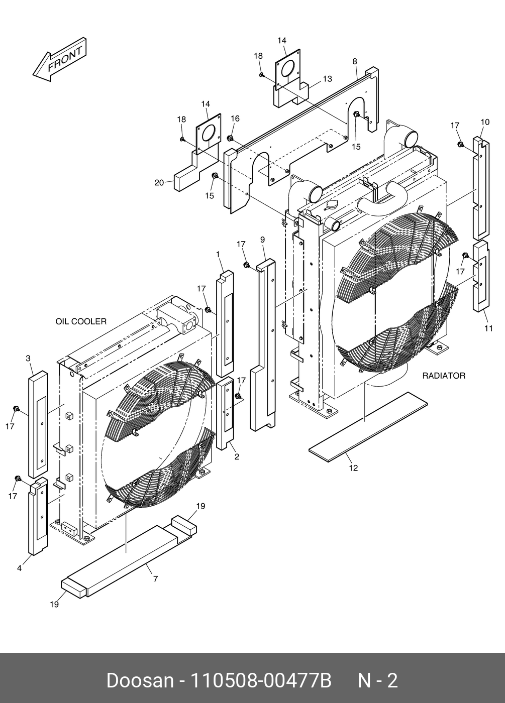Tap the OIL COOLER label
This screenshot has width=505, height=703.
81,321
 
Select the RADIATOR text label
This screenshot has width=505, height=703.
443,376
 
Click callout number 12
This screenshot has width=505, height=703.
353,468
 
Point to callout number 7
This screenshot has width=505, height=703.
155,579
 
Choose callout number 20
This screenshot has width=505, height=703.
159,183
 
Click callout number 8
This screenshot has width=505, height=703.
355,62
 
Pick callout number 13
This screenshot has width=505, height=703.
327,79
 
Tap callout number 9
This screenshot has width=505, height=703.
262,240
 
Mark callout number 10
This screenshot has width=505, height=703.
485,122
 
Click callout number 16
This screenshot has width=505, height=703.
235,119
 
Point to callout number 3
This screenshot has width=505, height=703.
28,358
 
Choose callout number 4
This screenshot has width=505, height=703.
19,568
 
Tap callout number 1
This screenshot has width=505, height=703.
219,255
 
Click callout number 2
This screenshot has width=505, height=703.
237,457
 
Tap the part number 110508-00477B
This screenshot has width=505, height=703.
260,681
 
